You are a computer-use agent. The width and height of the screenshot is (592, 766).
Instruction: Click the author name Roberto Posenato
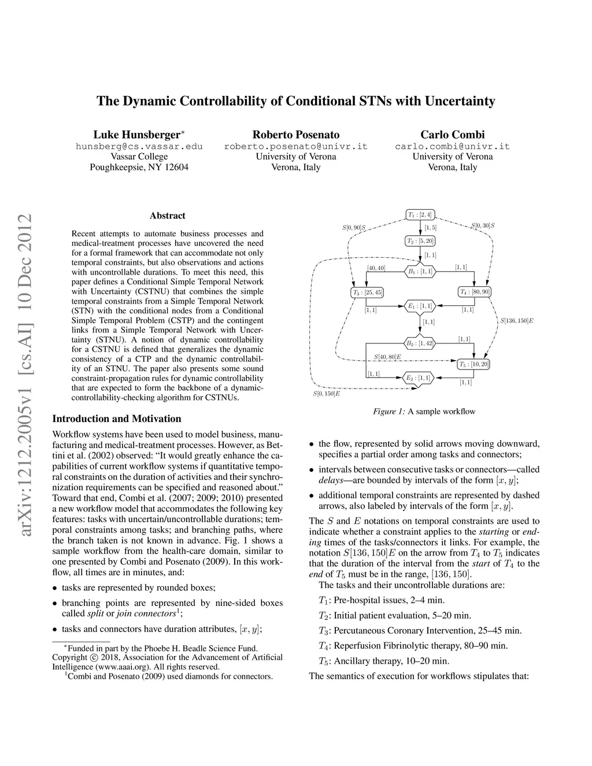point(296,135)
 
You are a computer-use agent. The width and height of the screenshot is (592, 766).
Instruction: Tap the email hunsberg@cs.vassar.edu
point(139,146)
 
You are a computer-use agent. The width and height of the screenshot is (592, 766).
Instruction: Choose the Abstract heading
point(168,216)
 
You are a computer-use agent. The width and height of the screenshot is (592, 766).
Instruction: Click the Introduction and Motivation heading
point(117,419)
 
